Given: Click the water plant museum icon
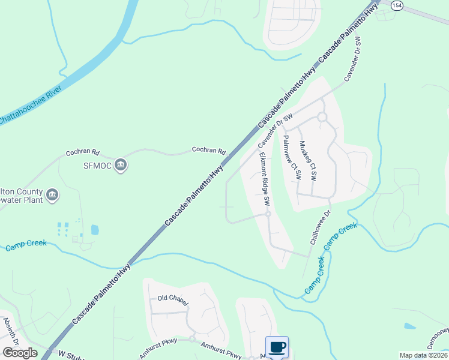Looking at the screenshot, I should [52, 194].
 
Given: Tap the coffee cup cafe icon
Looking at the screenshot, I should [277, 347].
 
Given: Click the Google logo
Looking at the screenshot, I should [20, 352].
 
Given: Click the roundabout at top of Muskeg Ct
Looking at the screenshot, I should [322, 116].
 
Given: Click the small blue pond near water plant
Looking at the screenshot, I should [95, 229].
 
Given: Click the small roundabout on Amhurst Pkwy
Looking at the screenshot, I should [193, 339].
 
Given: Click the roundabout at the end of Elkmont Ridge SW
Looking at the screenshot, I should [268, 214].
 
